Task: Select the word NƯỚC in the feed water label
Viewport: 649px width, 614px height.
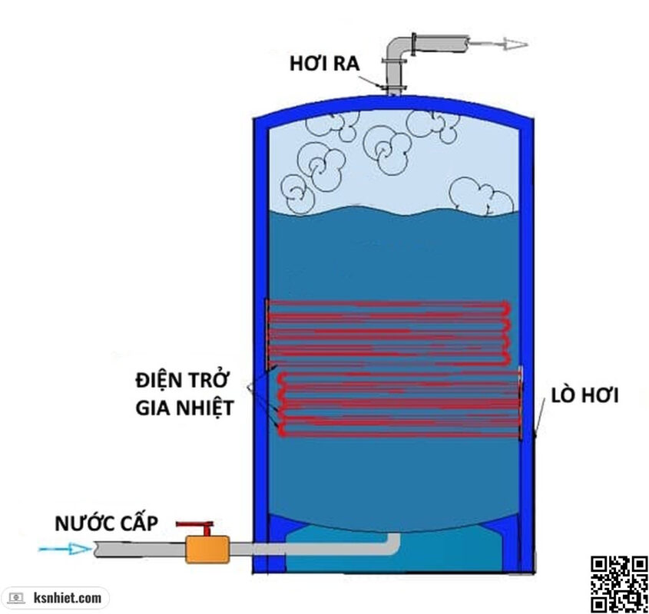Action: [84, 525]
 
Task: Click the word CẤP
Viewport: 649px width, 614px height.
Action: [137, 525]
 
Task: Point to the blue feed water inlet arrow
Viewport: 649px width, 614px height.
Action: [65, 549]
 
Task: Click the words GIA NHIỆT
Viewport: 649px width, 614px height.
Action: [184, 407]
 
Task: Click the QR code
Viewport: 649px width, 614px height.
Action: [618, 583]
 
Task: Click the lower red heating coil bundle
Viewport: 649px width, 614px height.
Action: [399, 404]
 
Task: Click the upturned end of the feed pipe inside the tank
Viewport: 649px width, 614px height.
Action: [393, 542]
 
